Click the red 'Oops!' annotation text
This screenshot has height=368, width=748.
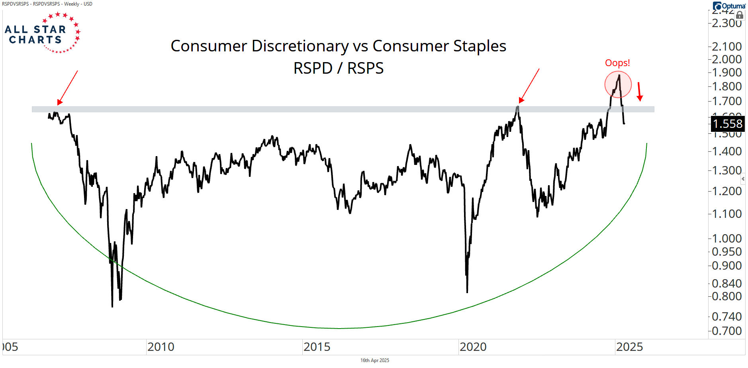(617, 63)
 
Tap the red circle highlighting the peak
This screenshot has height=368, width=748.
(618, 84)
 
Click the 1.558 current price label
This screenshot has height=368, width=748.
(727, 124)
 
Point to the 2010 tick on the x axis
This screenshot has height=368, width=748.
(161, 347)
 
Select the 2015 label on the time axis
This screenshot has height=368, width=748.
(317, 347)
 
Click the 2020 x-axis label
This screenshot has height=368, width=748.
(473, 347)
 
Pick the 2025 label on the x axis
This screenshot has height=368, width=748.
(629, 347)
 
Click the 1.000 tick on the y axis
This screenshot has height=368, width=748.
(726, 238)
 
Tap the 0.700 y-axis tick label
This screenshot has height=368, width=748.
(726, 331)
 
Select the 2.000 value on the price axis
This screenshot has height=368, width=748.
(726, 59)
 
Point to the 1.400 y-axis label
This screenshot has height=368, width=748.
(726, 151)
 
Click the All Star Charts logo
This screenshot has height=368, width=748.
(42, 33)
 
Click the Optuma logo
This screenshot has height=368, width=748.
(729, 6)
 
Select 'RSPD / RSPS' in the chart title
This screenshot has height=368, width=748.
(338, 68)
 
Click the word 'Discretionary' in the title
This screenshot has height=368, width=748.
(300, 46)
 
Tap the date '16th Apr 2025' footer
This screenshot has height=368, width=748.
(374, 360)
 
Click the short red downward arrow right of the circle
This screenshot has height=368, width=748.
(639, 92)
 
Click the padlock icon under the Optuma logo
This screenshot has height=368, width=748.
(740, 15)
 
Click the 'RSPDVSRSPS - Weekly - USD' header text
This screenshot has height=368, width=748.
(47, 4)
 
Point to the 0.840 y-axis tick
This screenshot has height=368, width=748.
(726, 283)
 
